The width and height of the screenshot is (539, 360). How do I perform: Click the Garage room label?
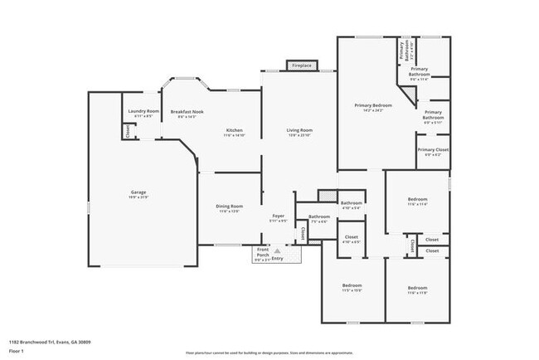138,194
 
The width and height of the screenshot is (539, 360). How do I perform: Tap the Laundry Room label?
142,114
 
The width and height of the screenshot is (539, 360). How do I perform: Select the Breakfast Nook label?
187,114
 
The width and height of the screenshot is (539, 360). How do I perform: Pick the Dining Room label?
231,207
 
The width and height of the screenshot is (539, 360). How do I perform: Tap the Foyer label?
279,218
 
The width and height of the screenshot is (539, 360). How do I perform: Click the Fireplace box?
301,65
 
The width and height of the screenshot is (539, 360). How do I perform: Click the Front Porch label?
262,252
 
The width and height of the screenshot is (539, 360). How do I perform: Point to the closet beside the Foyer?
303,235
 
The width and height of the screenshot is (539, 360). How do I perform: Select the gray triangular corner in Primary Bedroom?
408,93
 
